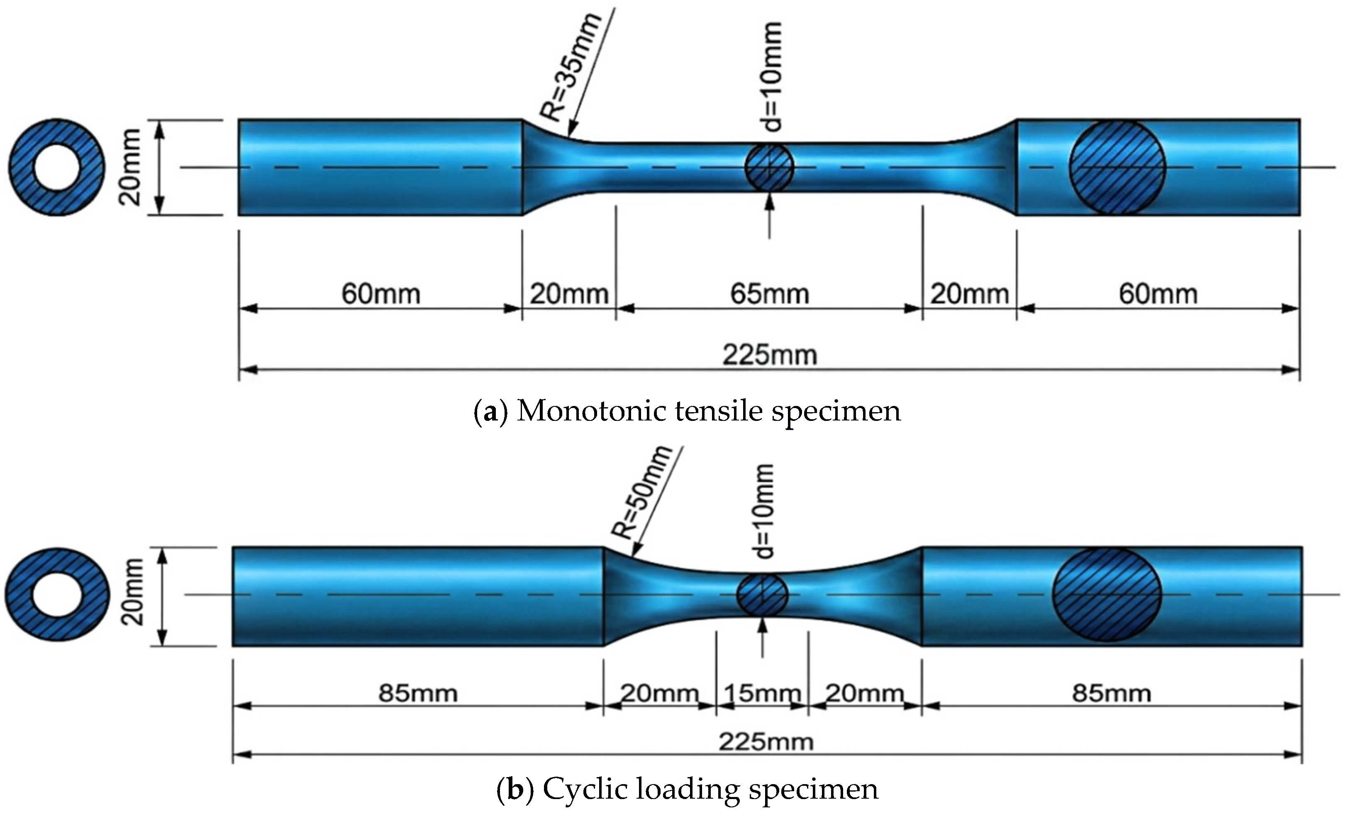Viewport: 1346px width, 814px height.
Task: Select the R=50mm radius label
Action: (640, 491)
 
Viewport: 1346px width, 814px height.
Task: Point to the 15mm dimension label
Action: (762, 693)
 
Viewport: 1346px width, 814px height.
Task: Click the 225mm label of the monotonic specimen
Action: (770, 355)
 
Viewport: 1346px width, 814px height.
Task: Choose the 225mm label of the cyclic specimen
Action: (766, 742)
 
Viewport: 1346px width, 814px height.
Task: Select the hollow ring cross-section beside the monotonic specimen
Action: (57, 167)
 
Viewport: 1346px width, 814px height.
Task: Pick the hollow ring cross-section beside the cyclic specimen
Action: (57, 595)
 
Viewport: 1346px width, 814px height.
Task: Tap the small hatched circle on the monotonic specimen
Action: (769, 167)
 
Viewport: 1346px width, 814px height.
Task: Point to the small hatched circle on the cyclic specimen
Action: (762, 595)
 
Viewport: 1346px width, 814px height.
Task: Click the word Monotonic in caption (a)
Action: (590, 411)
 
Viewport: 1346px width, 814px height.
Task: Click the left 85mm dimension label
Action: (418, 693)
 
